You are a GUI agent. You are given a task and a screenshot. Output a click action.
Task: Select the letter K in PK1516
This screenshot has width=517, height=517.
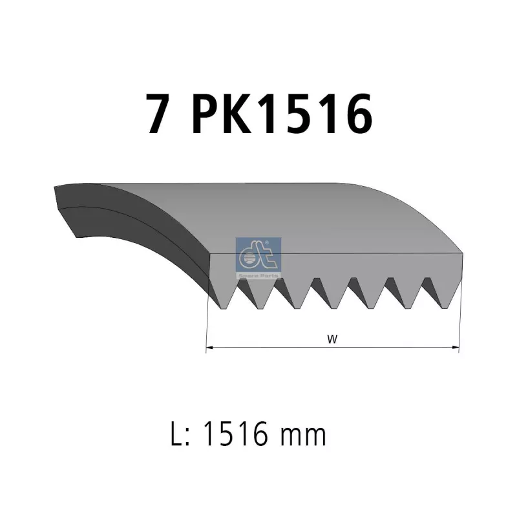pyautogui.click(x=237, y=114)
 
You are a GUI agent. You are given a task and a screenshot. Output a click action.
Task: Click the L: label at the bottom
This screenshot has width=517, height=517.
pyautogui.click(x=180, y=434)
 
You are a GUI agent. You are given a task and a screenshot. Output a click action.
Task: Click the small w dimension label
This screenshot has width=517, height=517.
pyautogui.click(x=332, y=339)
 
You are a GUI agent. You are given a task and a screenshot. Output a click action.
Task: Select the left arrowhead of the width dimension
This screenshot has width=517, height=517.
pyautogui.click(x=210, y=347)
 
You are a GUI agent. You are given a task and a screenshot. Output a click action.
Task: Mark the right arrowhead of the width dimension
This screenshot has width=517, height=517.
pyautogui.click(x=455, y=347)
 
